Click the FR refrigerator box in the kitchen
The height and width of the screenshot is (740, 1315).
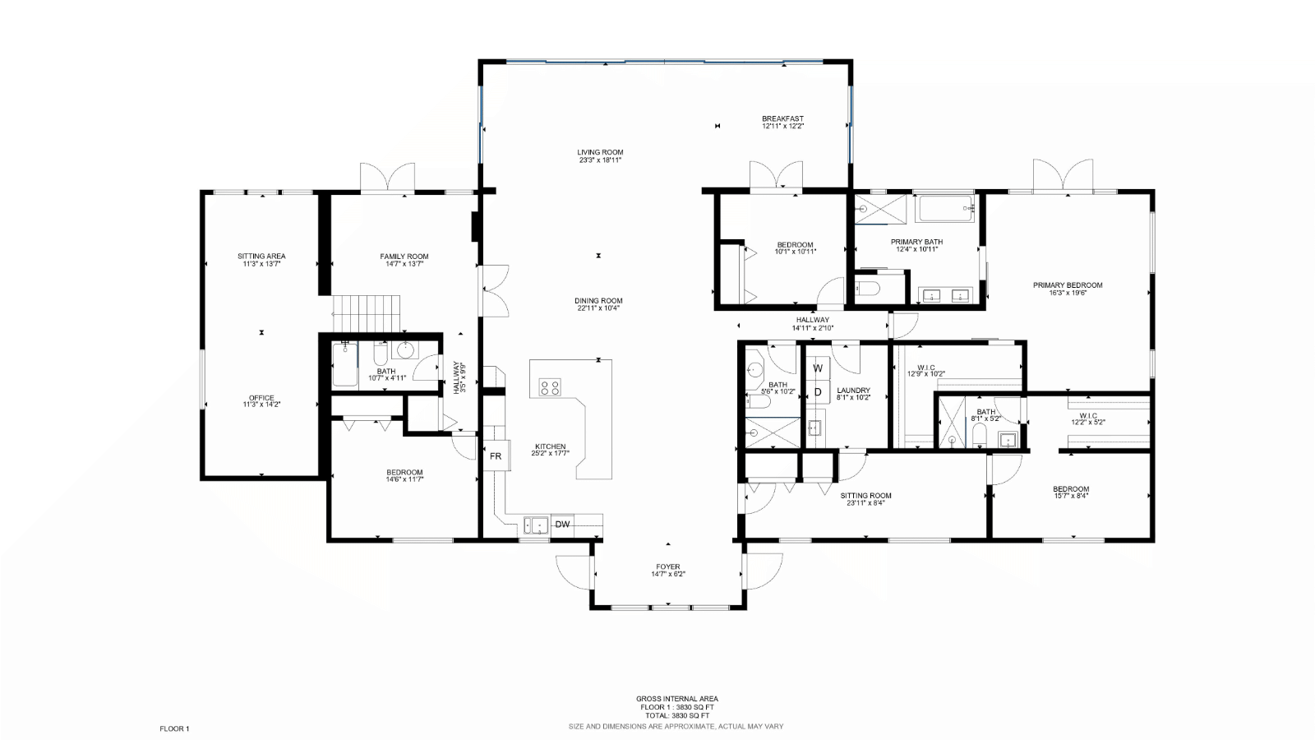tap(496, 456)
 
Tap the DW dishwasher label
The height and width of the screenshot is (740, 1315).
tap(562, 525)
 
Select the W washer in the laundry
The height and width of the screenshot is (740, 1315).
tap(818, 368)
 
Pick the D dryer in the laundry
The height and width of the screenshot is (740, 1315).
tap(818, 391)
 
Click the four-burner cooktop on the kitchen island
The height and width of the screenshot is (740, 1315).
tap(551, 387)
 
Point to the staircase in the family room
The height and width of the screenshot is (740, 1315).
tap(367, 313)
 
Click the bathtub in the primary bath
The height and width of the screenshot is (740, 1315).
tap(946, 209)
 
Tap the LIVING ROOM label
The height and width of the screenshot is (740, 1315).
tap(600, 152)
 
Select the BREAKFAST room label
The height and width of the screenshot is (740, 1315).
tap(783, 118)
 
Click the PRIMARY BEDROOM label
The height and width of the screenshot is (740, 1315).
tap(1068, 285)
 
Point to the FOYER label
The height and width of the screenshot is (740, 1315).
tap(668, 567)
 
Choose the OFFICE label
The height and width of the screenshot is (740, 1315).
tap(261, 398)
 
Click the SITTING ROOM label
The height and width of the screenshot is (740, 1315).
tap(866, 496)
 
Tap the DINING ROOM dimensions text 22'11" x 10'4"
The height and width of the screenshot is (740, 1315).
tap(598, 308)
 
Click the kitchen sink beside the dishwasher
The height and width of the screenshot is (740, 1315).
tap(536, 525)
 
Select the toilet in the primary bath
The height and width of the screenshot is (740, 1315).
tap(866, 289)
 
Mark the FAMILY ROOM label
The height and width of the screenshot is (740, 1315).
tap(404, 257)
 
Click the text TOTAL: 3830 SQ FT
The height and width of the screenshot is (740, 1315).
tap(677, 716)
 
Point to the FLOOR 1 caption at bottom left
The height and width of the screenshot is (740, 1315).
tap(174, 728)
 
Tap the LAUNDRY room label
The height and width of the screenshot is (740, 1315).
tap(854, 391)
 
